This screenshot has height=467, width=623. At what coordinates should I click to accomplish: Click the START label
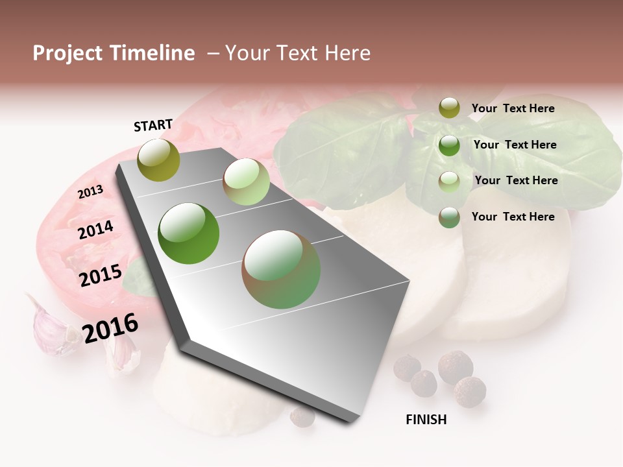point(153,125)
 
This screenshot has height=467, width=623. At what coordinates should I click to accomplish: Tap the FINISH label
point(426,420)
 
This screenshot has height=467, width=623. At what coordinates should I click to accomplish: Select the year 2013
point(90,192)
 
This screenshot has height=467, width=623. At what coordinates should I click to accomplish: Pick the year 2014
point(95,230)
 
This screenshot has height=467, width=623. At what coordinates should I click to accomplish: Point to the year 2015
point(100,276)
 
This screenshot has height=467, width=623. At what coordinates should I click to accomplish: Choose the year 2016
point(110,328)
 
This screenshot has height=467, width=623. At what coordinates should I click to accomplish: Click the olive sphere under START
point(158,160)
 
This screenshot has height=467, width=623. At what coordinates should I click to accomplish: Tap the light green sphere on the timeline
point(246,182)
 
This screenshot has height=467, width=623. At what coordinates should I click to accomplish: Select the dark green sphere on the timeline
point(189,233)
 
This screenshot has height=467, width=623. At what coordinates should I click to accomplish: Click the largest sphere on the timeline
point(281,269)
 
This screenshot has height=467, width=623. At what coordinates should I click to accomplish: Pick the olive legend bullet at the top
point(449,108)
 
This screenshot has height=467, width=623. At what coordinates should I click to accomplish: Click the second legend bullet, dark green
point(449,145)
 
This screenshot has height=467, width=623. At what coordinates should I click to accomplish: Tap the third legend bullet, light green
point(449,182)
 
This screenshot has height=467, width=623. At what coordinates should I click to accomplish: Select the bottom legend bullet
point(449,217)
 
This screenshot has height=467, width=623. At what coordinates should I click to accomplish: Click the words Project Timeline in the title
point(114,53)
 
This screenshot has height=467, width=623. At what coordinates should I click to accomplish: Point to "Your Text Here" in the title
point(298,53)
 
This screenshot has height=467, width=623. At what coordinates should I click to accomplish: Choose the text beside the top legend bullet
point(513,108)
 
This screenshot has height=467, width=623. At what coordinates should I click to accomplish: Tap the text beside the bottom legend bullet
point(513,217)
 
